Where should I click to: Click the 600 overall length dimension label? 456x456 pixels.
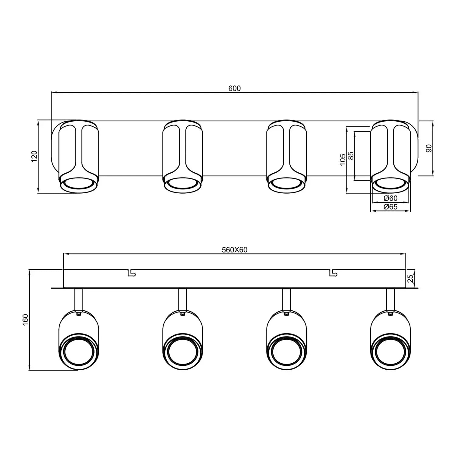tap(234, 88)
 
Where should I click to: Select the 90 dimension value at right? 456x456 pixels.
tap(429, 148)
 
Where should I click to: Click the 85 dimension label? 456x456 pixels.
tap(351, 156)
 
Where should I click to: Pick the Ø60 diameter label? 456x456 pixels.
tap(390, 198)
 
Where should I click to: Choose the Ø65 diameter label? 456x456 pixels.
tap(390, 207)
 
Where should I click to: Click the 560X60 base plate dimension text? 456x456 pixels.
tap(234, 250)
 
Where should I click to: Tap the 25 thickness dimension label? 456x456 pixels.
tap(410, 278)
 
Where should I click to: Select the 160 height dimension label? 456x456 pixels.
tap(26, 320)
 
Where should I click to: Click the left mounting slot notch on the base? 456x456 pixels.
tap(132, 273)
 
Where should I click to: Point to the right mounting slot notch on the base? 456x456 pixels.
tap(333, 273)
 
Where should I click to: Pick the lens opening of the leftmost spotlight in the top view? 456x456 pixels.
tap(79, 184)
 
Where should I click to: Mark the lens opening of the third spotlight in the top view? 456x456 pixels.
tap(286, 184)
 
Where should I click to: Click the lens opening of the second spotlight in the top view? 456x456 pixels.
tap(182, 184)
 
